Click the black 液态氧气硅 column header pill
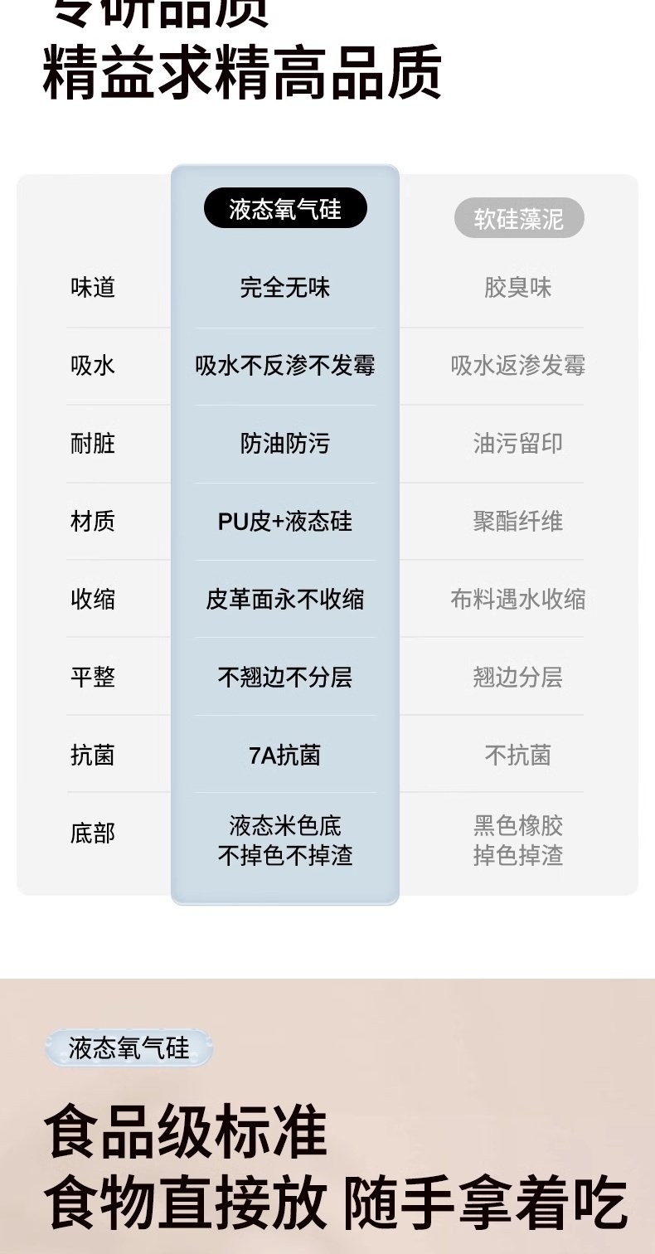285,209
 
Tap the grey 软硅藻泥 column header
519,219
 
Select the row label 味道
93,288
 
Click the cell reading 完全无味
285,288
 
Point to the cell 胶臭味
518,288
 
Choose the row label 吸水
93,366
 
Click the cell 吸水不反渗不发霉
285,366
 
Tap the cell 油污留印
518,444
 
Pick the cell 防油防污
285,444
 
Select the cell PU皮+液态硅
285,522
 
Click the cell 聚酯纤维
518,522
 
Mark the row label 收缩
93,600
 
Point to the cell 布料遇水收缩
518,600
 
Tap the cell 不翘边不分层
285,678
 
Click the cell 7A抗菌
285,756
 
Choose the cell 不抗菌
518,756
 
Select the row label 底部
93,834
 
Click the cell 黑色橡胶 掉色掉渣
518,840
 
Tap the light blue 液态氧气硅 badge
129,1048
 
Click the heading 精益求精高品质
242,73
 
